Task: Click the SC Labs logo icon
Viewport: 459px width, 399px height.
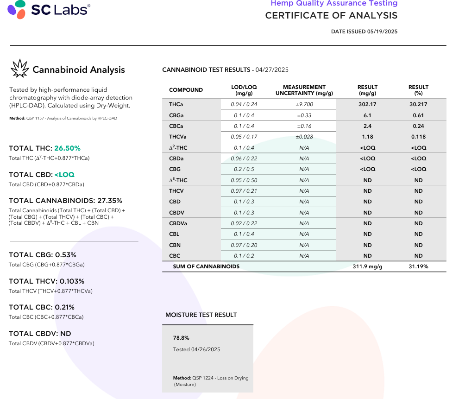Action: (17, 9)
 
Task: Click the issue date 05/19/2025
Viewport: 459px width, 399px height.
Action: (382, 32)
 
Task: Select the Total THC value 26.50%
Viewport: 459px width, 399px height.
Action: (67, 148)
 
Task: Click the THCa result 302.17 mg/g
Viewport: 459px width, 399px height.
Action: (367, 104)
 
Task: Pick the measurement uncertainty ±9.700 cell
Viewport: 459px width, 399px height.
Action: (304, 104)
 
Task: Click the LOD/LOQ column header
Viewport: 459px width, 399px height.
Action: (244, 90)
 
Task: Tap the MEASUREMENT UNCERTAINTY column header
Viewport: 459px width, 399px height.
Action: (304, 90)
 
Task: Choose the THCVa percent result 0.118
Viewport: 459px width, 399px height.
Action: (418, 137)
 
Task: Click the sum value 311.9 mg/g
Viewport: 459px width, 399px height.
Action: (367, 266)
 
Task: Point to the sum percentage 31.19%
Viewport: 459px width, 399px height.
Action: (418, 266)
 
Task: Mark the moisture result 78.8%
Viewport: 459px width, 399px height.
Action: (181, 338)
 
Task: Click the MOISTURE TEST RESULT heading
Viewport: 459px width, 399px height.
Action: (201, 315)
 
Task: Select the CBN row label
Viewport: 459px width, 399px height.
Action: (175, 245)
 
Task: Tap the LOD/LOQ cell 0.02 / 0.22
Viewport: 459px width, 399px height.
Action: (244, 223)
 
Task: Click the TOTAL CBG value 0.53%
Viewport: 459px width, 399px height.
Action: (66, 255)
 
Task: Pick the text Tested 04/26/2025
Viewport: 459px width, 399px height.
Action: (196, 349)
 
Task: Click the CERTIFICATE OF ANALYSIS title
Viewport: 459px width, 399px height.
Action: (331, 15)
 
